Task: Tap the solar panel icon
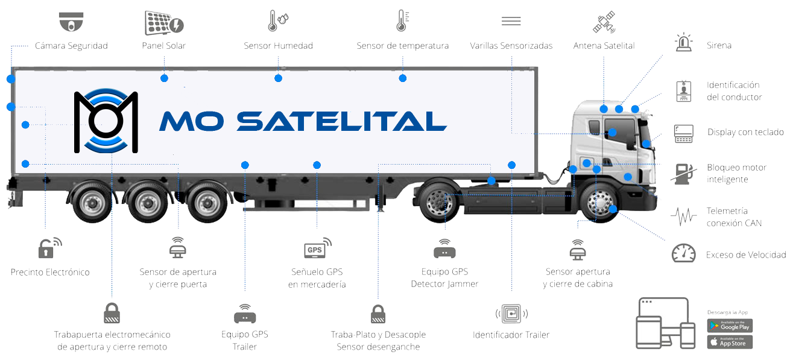pyautogui.click(x=163, y=22)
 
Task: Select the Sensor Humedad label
pyautogui.click(x=278, y=46)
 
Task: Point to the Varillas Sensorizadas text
pyautogui.click(x=511, y=46)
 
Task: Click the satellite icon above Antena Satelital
pyautogui.click(x=604, y=22)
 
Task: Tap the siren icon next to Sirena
pyautogui.click(x=683, y=44)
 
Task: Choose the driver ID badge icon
pyautogui.click(x=683, y=90)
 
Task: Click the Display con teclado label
pyautogui.click(x=745, y=132)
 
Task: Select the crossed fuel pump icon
pyautogui.click(x=683, y=173)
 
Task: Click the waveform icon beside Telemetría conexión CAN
pyautogui.click(x=683, y=216)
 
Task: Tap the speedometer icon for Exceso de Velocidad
pyautogui.click(x=683, y=253)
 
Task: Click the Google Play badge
pyautogui.click(x=730, y=326)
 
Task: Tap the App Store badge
pyautogui.click(x=730, y=342)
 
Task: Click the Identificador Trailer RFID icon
pyautogui.click(x=511, y=314)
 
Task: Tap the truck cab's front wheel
pyautogui.click(x=599, y=203)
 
